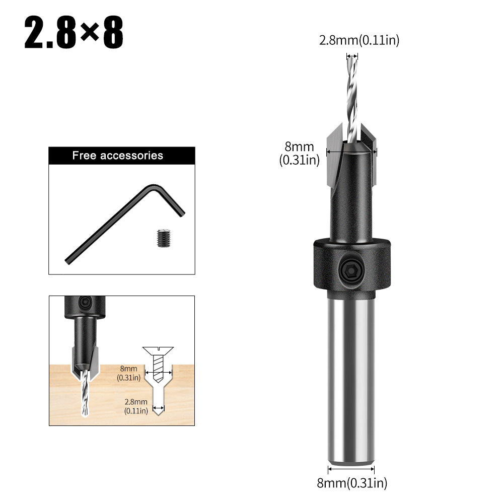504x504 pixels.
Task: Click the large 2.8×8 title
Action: click(x=74, y=34)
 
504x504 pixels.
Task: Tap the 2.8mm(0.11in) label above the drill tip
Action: click(x=359, y=41)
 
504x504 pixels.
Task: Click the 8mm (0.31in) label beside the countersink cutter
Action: click(x=300, y=154)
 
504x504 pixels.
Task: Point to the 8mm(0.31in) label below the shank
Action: click(x=352, y=483)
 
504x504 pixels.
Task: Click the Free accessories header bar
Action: click(x=121, y=156)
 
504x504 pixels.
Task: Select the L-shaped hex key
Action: click(x=123, y=221)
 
